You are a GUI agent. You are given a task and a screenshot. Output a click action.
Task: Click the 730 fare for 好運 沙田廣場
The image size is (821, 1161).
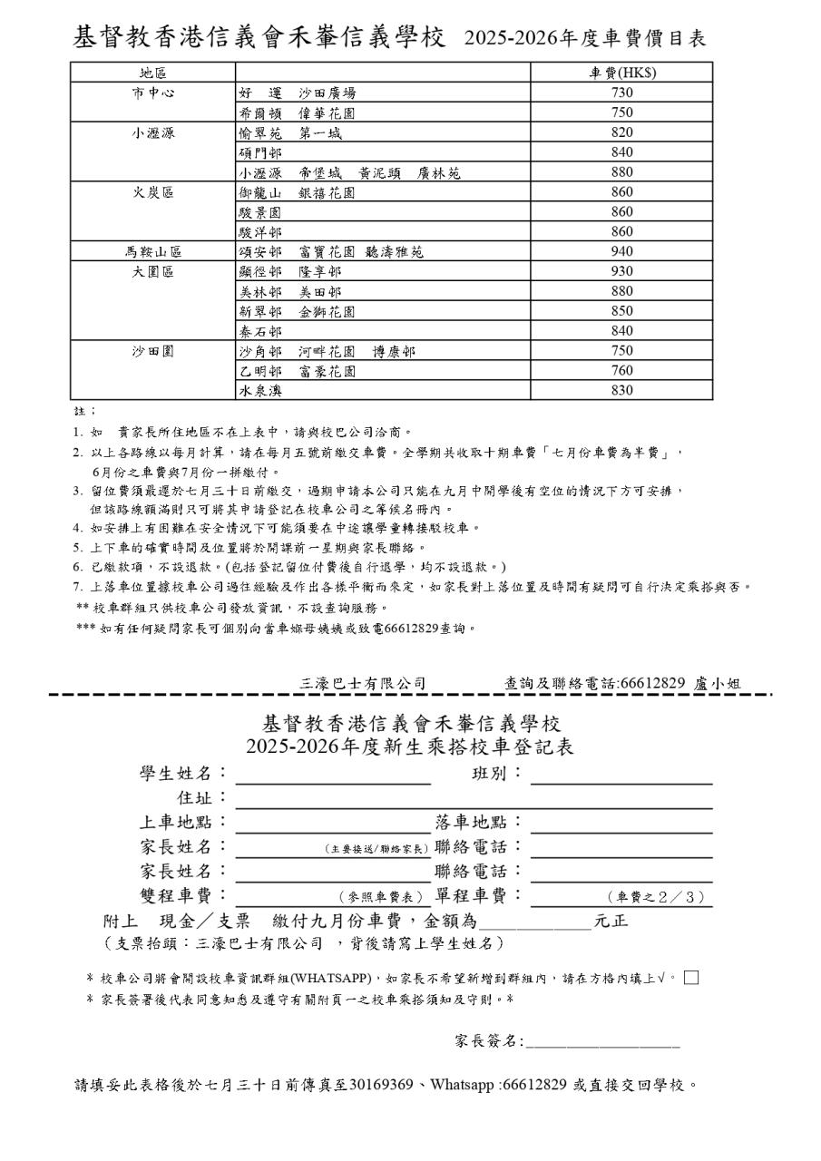621,93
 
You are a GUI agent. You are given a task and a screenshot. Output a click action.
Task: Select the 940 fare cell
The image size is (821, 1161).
621,251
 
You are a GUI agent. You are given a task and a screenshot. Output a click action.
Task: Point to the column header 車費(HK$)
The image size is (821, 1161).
621,73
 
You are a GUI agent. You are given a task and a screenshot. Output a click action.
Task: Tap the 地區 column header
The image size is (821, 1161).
152,73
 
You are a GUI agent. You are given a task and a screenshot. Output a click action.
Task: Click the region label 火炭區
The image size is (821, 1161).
152,192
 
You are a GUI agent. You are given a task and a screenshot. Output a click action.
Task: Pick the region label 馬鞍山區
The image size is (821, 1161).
152,251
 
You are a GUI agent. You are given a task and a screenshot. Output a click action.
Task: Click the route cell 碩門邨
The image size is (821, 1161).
260,152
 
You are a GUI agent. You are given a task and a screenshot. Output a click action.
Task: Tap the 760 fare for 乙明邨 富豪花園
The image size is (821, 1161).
621,371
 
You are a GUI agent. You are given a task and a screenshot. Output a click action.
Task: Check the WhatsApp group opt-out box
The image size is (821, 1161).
691,977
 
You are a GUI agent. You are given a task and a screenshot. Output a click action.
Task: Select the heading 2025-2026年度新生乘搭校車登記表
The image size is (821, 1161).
410,746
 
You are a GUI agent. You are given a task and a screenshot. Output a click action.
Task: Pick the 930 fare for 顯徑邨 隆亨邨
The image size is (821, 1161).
621,271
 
